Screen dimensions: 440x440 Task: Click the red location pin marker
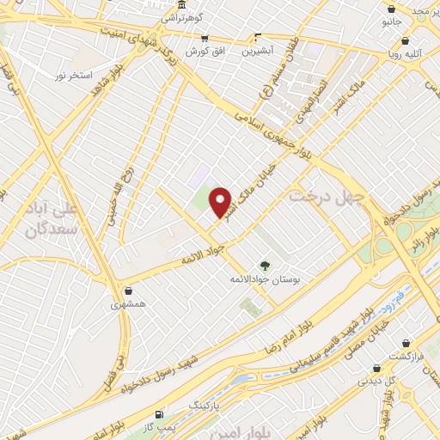(222, 203)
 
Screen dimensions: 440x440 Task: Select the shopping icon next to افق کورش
(205, 38)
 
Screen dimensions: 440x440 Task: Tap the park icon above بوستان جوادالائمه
(265, 266)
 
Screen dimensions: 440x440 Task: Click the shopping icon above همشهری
(128, 290)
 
